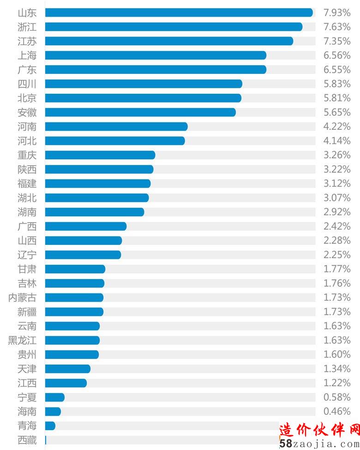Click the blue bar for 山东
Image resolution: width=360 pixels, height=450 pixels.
point(179,12)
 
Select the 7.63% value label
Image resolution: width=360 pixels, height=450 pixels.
point(337,27)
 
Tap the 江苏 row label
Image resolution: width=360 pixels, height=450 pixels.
point(27,41)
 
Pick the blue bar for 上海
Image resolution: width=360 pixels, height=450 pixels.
point(156,55)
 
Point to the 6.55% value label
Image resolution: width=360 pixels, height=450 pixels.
point(337,70)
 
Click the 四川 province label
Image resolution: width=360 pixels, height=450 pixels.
point(27,84)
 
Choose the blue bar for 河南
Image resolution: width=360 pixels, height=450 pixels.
point(116,127)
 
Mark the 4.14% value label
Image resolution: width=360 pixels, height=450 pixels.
point(337,141)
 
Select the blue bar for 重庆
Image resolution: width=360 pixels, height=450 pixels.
point(100,155)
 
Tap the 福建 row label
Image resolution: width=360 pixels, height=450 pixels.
point(27,183)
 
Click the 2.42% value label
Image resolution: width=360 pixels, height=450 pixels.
point(337,226)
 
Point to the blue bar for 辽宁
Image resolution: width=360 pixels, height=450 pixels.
point(83,255)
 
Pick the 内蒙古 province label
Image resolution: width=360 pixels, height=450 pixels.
point(22,298)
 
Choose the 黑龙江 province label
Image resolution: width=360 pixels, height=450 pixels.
point(22,341)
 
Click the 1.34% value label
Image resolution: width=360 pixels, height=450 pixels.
point(337,369)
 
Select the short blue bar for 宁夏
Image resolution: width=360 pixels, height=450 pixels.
point(55,397)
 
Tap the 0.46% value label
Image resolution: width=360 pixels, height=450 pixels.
point(337,412)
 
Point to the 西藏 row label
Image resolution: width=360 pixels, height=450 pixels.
point(27,440)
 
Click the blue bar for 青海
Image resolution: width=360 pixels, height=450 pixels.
point(50,426)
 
